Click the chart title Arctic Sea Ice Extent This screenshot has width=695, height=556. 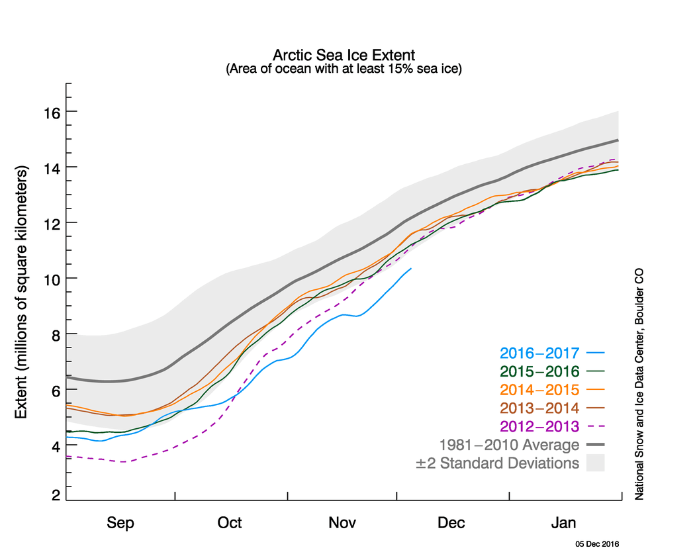pos(344,54)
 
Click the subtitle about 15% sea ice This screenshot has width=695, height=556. pos(344,68)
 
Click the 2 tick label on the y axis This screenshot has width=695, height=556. pos(57,495)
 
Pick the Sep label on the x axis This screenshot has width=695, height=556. pos(120,523)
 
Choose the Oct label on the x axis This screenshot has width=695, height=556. pos(230,523)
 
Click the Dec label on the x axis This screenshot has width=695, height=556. pos(451,523)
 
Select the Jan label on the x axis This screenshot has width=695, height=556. pos(564,523)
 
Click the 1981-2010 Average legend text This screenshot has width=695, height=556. pos(509,445)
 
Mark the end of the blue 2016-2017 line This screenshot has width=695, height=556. pos(411,268)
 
